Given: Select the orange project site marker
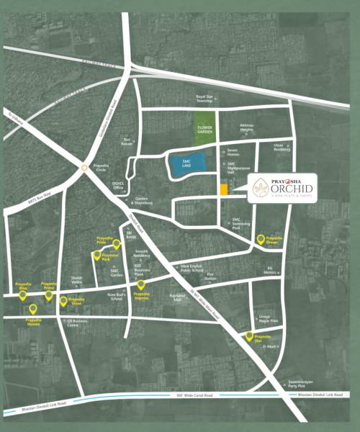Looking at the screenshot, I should coord(224,189).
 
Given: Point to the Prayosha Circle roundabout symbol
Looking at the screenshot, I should coord(84,168).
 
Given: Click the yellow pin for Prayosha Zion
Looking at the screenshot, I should coord(250,336).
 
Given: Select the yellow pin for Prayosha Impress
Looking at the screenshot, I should coord(141,285).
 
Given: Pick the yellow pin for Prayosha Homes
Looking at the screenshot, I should coord(32,310).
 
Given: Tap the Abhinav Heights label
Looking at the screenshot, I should coord(246,127).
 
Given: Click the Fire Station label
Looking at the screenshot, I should coord(211,276).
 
